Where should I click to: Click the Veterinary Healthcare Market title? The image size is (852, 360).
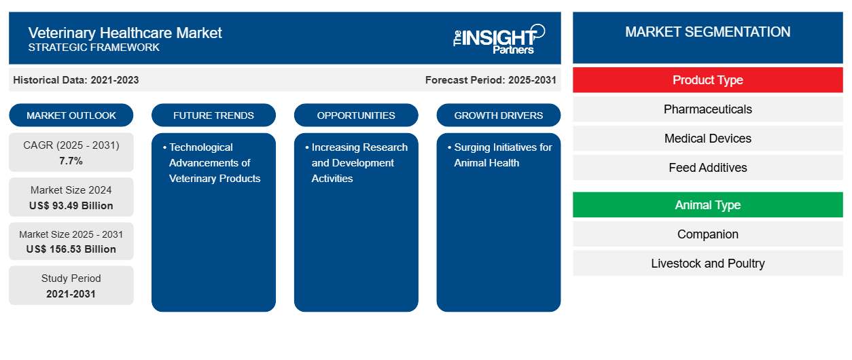pos(125,33)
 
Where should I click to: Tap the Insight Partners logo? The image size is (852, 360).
pos(499,38)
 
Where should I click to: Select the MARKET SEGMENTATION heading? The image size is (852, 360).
pos(707,32)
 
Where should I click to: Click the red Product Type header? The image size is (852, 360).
pos(707,80)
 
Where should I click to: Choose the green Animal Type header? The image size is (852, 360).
pos(707,205)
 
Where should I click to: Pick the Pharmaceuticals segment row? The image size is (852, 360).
pos(707,109)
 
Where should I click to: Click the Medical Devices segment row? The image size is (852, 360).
pos(707,139)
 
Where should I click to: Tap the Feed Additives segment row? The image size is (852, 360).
pos(707,168)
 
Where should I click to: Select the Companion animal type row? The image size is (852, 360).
pos(707,234)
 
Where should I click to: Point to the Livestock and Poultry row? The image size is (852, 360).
pos(707,264)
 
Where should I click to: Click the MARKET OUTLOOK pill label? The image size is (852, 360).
pos(71,115)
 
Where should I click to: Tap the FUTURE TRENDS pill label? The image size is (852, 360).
pos(213,115)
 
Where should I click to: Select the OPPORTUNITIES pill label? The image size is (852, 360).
pos(356,115)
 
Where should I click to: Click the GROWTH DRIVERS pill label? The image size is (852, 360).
pos(499,115)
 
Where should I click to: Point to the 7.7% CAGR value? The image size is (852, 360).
pos(71,161)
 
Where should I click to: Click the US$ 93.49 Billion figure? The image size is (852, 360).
pos(71,206)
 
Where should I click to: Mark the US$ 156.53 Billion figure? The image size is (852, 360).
pos(71,249)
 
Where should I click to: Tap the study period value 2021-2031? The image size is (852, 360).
pos(71,294)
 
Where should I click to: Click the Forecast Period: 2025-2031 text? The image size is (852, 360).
pos(491,80)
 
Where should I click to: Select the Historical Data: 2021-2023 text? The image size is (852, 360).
pos(76,80)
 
